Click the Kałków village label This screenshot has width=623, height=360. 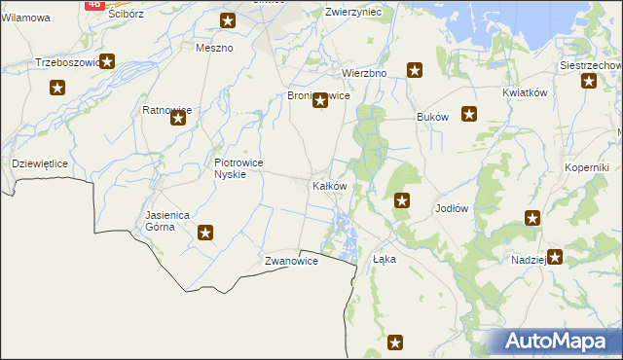328,185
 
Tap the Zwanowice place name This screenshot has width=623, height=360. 291,262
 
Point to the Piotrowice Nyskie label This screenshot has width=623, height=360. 238,168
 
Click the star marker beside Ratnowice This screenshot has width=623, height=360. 178,119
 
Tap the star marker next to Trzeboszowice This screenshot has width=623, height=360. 107,62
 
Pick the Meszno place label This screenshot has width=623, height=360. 214,48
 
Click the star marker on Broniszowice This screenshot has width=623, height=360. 319,100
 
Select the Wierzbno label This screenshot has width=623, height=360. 365,73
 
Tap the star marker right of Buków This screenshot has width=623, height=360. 469,114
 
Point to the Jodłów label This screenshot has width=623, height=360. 453,209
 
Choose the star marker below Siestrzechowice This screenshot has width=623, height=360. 588,82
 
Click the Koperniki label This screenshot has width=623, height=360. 587,167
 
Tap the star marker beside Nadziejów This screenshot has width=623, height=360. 555,258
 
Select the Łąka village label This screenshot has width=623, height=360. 385,260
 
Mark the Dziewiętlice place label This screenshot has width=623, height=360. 39,163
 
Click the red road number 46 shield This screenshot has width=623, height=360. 93,4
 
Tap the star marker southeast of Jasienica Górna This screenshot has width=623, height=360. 205,233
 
